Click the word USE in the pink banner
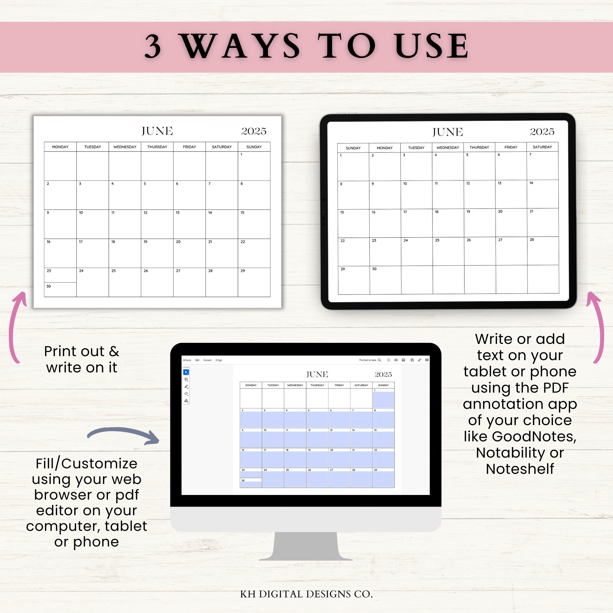click(x=432, y=46)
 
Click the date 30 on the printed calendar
click(x=48, y=286)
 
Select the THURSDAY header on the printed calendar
click(x=157, y=147)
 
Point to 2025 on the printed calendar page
click(x=253, y=131)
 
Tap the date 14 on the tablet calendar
click(x=531, y=183)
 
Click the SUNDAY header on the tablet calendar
click(x=353, y=148)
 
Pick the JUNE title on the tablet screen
click(x=447, y=132)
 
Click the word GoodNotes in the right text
click(x=534, y=436)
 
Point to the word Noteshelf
click(x=520, y=469)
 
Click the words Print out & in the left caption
click(x=82, y=351)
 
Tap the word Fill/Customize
click(x=86, y=463)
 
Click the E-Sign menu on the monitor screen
click(x=219, y=360)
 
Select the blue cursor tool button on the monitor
click(x=186, y=372)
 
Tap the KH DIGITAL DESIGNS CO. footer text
click(x=306, y=594)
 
